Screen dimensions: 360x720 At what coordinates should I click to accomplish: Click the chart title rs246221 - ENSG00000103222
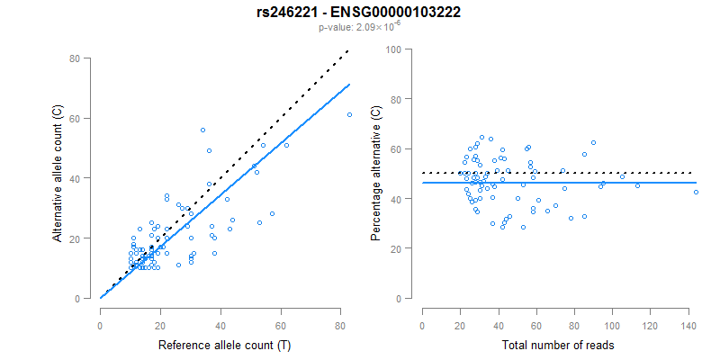[359, 12]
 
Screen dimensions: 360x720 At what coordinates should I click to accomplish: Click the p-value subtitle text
[359, 27]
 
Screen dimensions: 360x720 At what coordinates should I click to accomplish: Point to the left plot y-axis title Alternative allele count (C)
[58, 177]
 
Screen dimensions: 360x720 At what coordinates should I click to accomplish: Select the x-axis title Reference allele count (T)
[223, 345]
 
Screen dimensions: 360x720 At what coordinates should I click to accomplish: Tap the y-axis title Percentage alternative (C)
[377, 177]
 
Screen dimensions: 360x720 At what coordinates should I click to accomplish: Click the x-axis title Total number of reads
[559, 345]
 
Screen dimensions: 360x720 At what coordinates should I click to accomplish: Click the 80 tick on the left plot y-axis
[75, 58]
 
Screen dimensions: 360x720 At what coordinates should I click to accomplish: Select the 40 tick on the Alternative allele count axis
[75, 178]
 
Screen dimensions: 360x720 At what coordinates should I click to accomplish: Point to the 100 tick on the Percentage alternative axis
[394, 49]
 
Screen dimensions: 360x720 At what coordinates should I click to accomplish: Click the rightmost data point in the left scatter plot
[349, 114]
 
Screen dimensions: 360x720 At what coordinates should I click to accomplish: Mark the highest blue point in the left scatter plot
[202, 130]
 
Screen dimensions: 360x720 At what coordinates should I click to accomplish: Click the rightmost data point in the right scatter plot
[696, 192]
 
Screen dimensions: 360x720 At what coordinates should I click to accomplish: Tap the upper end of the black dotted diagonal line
[347, 51]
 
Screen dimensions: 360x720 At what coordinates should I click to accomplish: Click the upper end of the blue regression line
[349, 85]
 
